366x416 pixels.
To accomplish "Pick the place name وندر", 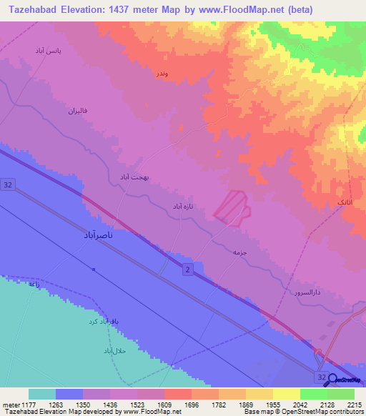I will click(x=162, y=74).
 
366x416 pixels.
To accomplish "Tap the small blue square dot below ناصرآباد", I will click(x=93, y=269).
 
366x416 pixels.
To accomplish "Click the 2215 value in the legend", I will click(x=354, y=405).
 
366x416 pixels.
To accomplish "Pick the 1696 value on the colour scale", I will click(x=191, y=405).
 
